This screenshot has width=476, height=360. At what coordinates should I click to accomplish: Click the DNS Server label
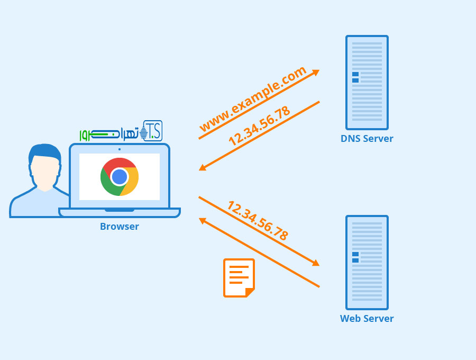[x=367, y=139]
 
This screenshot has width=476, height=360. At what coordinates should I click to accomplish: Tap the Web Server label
[x=367, y=319]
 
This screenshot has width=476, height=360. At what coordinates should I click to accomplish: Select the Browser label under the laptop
[x=120, y=227]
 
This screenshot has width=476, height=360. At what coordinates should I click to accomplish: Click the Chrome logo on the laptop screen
[x=120, y=177]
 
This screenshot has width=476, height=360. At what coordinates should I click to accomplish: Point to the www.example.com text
[x=253, y=99]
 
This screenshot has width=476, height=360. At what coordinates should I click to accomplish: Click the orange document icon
[x=239, y=278]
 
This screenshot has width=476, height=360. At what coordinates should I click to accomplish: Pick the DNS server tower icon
[x=367, y=83]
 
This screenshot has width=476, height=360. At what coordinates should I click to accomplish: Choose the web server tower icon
[x=367, y=263]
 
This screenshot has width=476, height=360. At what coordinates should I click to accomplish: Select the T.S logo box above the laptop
[x=152, y=131]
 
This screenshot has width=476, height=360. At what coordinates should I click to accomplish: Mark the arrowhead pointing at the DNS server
[x=316, y=72]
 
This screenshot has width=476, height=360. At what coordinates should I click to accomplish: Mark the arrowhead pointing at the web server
[x=316, y=263]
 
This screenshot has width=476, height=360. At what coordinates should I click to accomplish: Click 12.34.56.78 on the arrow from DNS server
[x=259, y=126]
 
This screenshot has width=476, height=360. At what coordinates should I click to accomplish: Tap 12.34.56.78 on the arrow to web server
[x=258, y=221]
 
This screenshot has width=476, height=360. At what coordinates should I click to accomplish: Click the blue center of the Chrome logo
[x=120, y=177]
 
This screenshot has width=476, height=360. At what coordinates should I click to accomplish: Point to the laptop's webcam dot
[x=120, y=149]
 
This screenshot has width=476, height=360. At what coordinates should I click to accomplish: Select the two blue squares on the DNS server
[x=355, y=77]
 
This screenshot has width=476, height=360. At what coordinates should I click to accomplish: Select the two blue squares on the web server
[x=355, y=257]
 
